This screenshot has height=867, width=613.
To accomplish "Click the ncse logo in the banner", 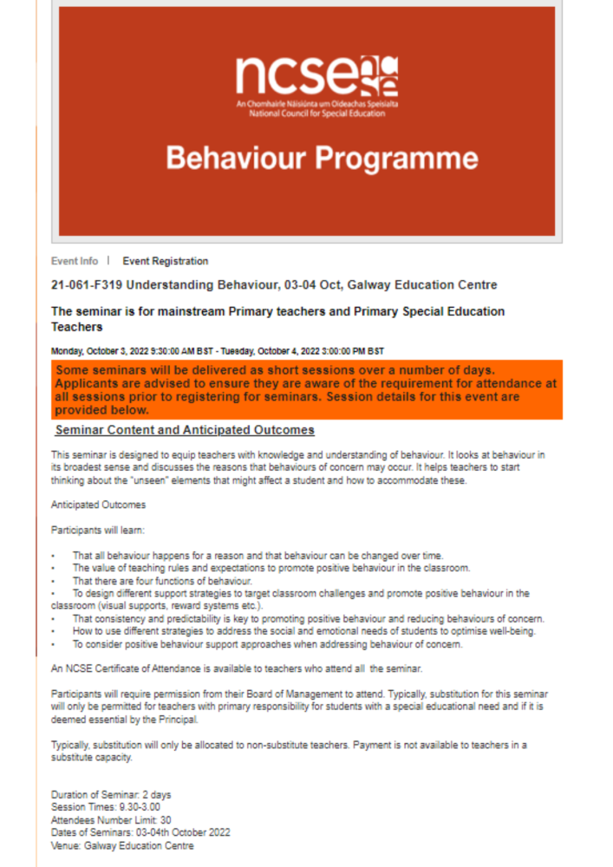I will click(x=316, y=75).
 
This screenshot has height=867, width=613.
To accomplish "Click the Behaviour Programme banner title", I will click(x=322, y=159).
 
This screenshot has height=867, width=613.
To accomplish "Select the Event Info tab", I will click(x=75, y=261).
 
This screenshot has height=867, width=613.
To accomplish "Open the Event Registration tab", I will click(x=165, y=261).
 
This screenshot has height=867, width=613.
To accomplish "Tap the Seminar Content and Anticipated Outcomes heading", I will click(x=184, y=430).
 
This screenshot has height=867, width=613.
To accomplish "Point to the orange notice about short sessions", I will click(x=306, y=390).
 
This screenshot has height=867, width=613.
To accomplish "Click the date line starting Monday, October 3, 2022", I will click(x=217, y=351).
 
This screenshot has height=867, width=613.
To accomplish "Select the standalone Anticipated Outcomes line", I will click(x=98, y=505).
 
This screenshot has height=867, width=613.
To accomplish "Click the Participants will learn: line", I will click(x=97, y=530).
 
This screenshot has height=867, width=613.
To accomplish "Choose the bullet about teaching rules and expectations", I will click(x=271, y=568).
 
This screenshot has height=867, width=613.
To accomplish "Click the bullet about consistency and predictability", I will click(x=308, y=618).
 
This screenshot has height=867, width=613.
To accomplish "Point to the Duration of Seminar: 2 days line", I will click(x=111, y=794).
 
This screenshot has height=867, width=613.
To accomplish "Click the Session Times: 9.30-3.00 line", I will click(x=106, y=807).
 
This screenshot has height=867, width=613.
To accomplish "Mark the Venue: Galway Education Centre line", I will click(x=122, y=845).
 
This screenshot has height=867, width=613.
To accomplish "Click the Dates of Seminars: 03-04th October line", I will click(x=140, y=832).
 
